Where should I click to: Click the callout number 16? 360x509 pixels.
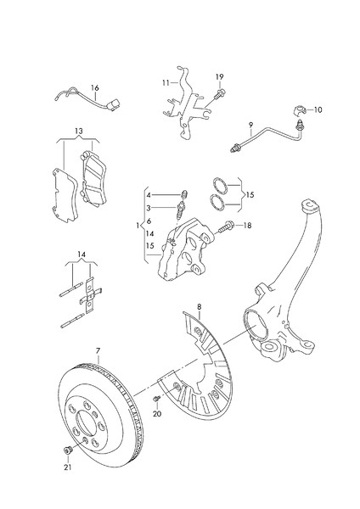pyautogui.click(x=95, y=87)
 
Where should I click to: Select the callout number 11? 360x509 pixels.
pyautogui.click(x=167, y=83)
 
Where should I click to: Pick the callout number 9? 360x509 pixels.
pyautogui.click(x=250, y=126)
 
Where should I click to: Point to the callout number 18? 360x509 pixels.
pyautogui.click(x=247, y=226)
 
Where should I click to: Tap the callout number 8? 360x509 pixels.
pyautogui.click(x=199, y=305)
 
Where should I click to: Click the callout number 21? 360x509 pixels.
pyautogui.click(x=68, y=467)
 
